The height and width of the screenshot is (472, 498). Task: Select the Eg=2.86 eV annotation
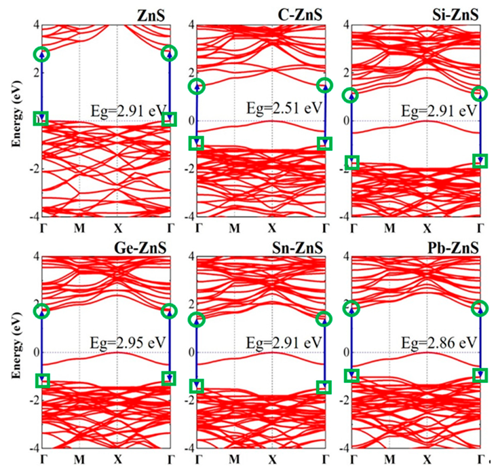433,342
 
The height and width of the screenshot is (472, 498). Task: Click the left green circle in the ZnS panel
42,54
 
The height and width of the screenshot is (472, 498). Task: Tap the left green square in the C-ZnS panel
197,143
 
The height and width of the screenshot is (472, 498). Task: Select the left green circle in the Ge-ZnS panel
42,311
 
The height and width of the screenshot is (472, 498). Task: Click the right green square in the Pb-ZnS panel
480,375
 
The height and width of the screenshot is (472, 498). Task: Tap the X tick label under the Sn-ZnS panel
272,459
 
